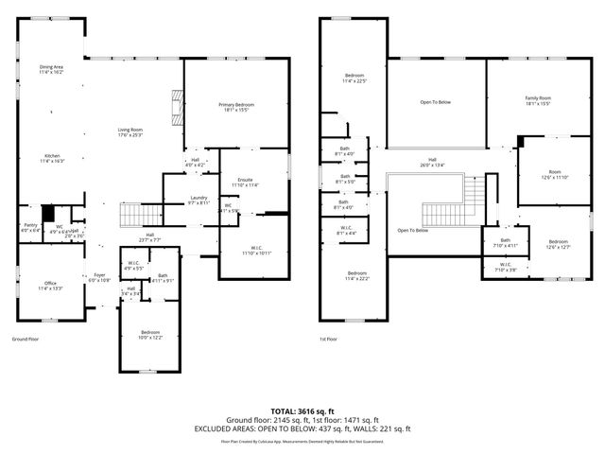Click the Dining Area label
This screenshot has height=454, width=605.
pyautogui.click(x=51, y=69)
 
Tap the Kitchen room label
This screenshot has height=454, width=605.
pyautogui.click(x=51, y=159)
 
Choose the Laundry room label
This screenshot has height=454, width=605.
pyautogui.click(x=199, y=200)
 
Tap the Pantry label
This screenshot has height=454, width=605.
pyautogui.click(x=30, y=226)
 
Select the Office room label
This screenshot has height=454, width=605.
pyautogui.click(x=51, y=286)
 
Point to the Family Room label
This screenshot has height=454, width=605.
pyautogui.click(x=538, y=100)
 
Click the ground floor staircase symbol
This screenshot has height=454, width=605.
pyautogui.click(x=132, y=218)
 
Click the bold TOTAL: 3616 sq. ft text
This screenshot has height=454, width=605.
pyautogui.click(x=302, y=410)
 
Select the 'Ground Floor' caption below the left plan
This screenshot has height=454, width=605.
pyautogui.click(x=25, y=339)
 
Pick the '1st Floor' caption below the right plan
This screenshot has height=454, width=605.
pyautogui.click(x=329, y=339)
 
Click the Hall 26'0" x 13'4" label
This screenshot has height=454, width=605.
pyautogui.click(x=432, y=162)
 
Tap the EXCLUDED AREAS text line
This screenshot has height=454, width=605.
pyautogui.click(x=302, y=428)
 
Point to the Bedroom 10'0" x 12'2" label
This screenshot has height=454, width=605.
pyautogui.click(x=149, y=335)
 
